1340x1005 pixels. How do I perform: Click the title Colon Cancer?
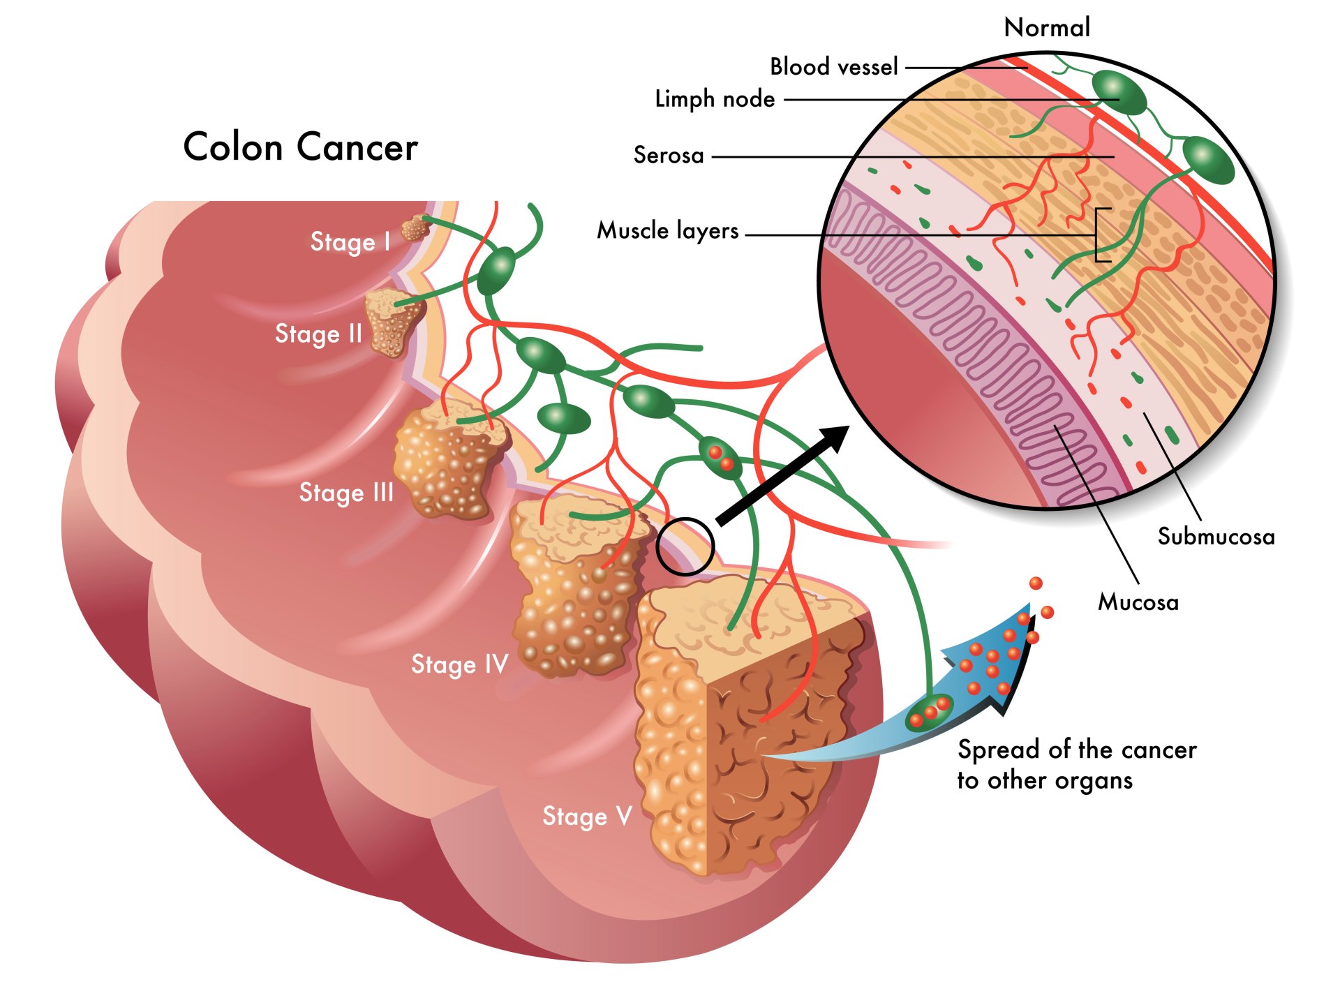point(300,147)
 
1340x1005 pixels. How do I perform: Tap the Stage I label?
point(350,241)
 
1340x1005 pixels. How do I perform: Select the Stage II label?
point(318,334)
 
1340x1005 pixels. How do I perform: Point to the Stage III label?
point(346,492)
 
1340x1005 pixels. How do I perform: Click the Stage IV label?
point(459,664)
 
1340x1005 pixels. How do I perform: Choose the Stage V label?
point(587,816)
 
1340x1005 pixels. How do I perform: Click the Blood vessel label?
point(834,67)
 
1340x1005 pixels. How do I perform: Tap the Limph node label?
point(715,99)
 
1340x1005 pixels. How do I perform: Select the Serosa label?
point(669,155)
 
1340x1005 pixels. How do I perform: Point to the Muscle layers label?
point(667,230)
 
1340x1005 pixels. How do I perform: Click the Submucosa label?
point(1216,537)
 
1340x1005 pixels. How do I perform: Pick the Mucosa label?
point(1138,602)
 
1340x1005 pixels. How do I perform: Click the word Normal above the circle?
point(1047,28)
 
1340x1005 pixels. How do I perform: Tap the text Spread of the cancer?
point(1077,750)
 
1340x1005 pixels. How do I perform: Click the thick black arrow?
point(782,475)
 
